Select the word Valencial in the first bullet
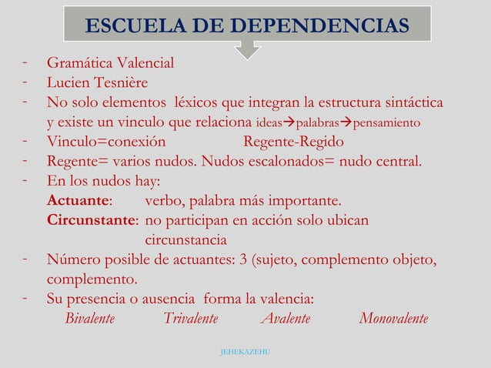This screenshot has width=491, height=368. (x=142, y=63)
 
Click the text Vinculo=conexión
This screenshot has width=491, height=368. (x=106, y=142)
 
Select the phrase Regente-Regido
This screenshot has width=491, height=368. (x=293, y=142)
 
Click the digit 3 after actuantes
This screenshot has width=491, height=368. (x=245, y=259)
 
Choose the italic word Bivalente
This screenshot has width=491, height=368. (x=90, y=319)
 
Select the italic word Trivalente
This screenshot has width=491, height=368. (x=190, y=319)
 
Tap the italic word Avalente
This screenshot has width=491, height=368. (x=285, y=319)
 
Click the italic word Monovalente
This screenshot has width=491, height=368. (x=393, y=319)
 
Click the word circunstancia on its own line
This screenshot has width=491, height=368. (x=185, y=240)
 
